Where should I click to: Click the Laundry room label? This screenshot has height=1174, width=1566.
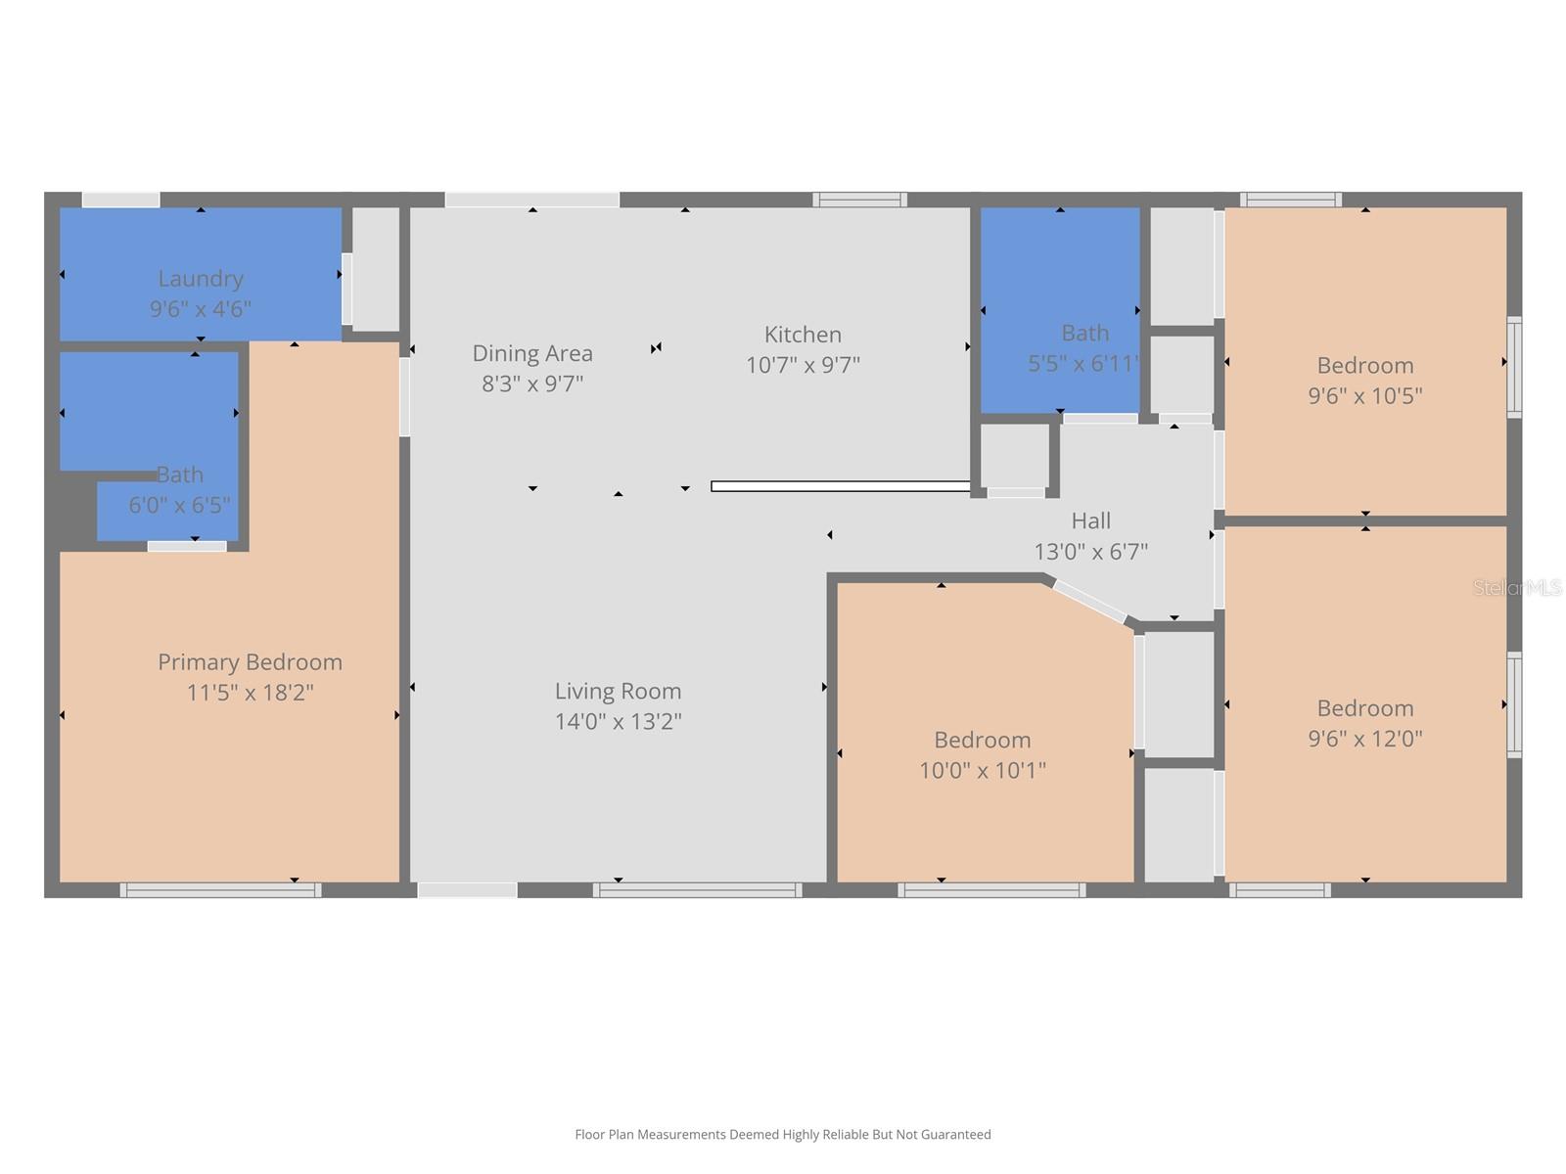click(201, 279)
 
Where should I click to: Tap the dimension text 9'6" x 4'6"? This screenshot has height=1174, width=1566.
click(201, 309)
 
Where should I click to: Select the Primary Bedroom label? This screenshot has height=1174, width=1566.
click(250, 662)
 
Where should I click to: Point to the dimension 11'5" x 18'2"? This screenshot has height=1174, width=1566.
click(250, 693)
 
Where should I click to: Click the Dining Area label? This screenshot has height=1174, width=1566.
click(532, 353)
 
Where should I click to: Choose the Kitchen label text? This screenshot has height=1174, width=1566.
click(803, 335)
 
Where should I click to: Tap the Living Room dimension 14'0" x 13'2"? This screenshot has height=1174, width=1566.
click(618, 722)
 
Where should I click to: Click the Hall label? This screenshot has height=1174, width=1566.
click(1090, 520)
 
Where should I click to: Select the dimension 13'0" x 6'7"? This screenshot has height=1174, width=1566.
click(1090, 552)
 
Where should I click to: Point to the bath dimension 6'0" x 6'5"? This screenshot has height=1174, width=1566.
click(179, 505)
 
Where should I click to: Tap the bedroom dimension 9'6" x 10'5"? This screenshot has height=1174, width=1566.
click(1364, 396)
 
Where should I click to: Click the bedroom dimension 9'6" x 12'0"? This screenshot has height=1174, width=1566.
click(1364, 739)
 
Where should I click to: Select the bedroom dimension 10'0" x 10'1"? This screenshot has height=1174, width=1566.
click(982, 771)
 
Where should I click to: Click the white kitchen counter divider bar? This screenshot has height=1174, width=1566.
click(840, 486)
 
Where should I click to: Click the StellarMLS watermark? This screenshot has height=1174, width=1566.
click(1517, 587)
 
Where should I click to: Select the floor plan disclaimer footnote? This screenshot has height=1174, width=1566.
click(782, 1135)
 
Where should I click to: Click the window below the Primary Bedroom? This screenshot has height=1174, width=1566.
click(220, 890)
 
